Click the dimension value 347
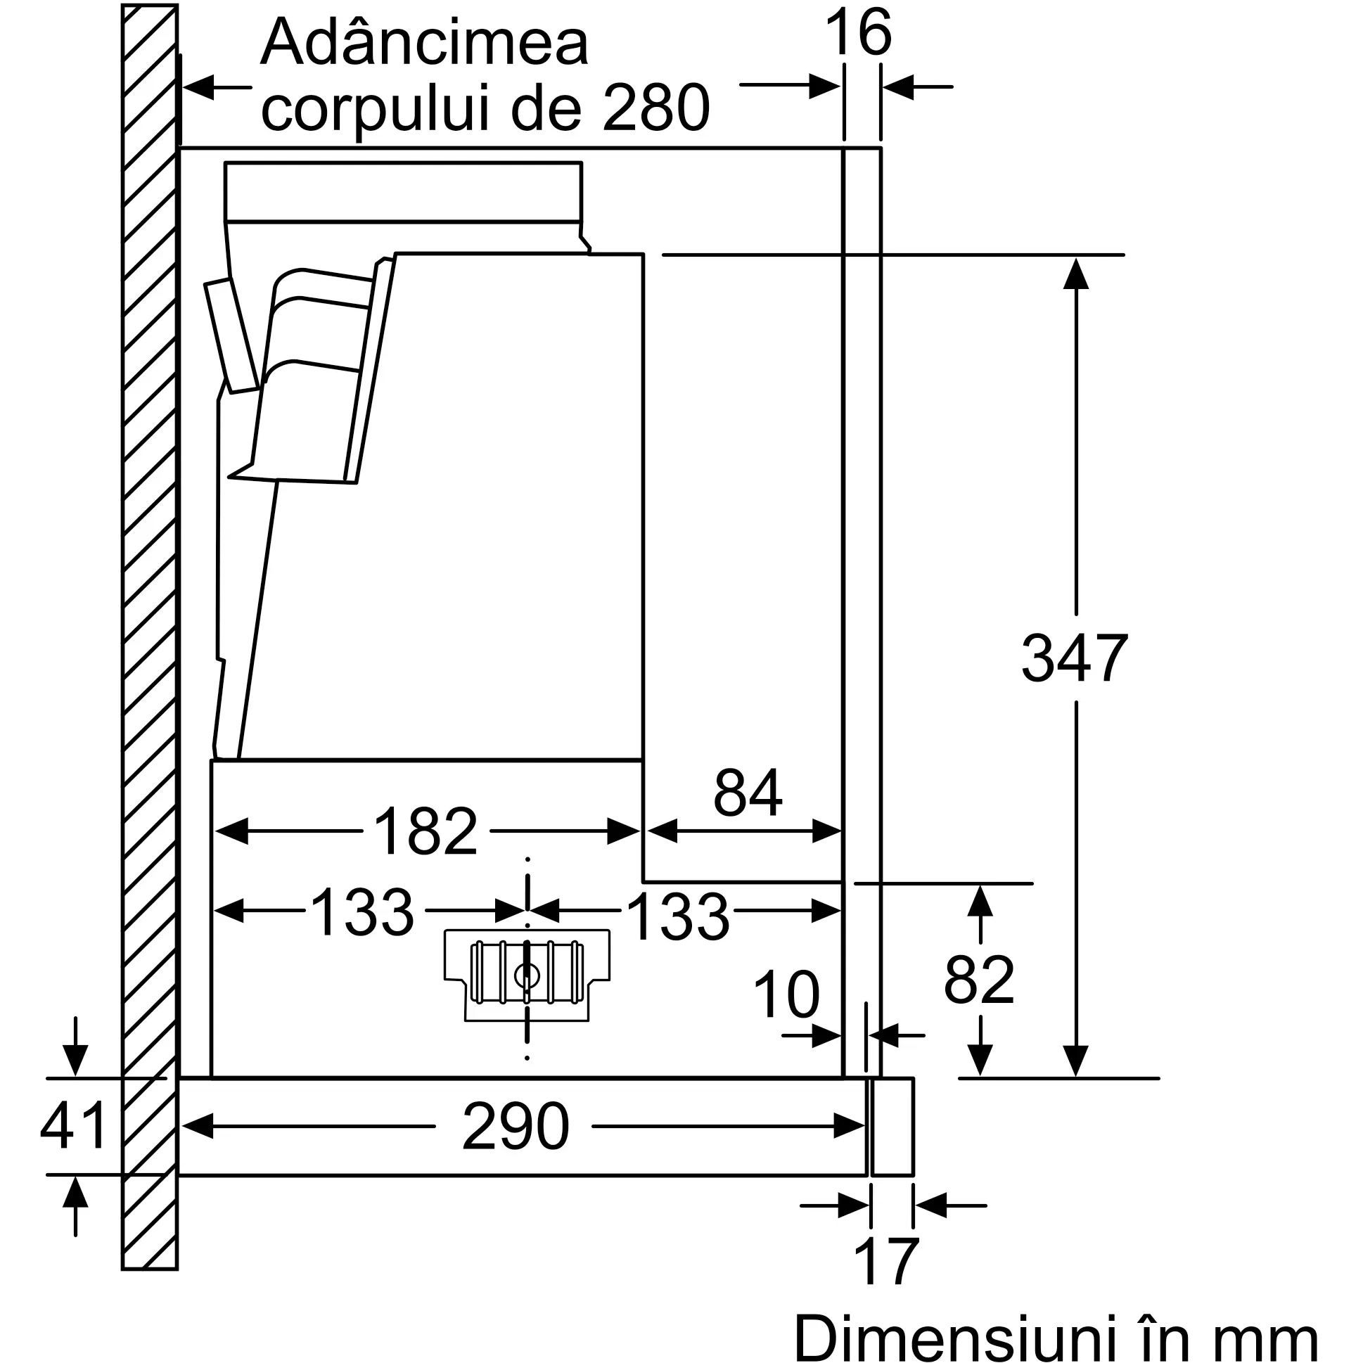(1074, 658)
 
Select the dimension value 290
(515, 1127)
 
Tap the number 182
(425, 832)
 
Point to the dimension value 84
(747, 793)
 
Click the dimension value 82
(979, 980)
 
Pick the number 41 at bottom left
(73, 1127)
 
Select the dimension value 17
(886, 1262)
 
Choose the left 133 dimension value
(361, 914)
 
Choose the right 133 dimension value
(677, 916)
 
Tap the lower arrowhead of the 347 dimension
(1076, 1060)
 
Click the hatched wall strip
(150, 635)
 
